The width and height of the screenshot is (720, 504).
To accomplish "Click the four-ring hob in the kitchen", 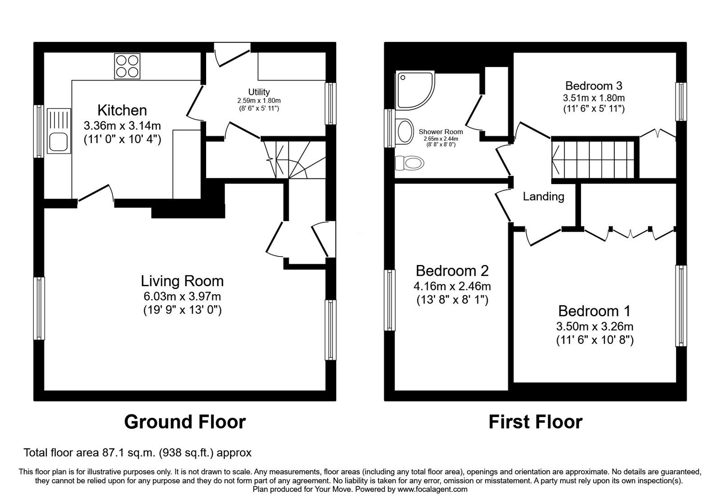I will point(127,66).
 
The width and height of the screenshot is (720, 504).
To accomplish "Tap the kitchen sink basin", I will point(58,142).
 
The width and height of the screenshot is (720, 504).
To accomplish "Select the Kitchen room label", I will point(122,110).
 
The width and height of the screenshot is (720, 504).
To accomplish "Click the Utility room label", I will point(259,92).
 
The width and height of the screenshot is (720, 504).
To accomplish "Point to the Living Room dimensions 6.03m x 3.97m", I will point(182,296).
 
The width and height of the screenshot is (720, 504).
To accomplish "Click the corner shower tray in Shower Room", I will point(414,90).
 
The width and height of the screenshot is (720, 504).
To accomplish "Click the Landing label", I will point(543,196).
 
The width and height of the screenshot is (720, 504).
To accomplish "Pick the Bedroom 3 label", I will point(594,85).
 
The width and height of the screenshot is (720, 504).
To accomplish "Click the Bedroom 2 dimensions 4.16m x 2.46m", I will point(452,286).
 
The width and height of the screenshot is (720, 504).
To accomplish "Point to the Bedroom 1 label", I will point(594,311).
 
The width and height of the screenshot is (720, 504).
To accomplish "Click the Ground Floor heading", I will point(184,422).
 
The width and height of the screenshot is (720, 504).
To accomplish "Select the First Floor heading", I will point(535,422).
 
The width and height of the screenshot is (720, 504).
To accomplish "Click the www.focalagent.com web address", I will point(432,489).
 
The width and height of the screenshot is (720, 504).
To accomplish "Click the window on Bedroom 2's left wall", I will point(389,300).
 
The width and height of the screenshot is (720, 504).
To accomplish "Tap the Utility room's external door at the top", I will point(231,49).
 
